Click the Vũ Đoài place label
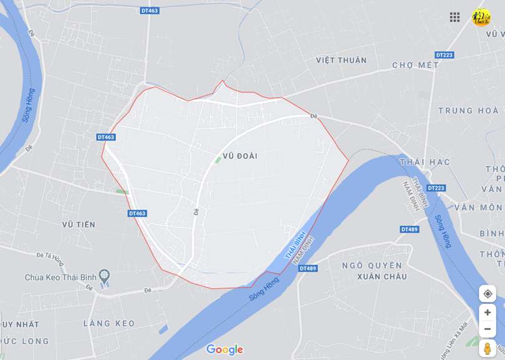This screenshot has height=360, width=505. (x=239, y=156)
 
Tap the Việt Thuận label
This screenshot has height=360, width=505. (x=341, y=61)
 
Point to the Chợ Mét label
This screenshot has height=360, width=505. (x=415, y=65)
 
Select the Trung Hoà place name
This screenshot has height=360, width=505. (x=468, y=110)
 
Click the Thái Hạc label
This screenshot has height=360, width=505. (x=425, y=162)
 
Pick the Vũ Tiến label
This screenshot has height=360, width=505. (x=79, y=224)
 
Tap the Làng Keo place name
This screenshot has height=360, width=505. (x=108, y=323)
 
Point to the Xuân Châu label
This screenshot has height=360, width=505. (x=382, y=276)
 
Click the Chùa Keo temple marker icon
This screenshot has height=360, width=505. (x=104, y=275)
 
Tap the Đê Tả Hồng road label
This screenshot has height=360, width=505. (x=50, y=256)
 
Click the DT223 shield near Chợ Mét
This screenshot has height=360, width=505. (x=444, y=55)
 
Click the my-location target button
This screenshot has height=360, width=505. (x=488, y=294)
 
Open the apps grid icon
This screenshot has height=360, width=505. (x=454, y=17)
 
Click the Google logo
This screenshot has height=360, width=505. (x=224, y=349)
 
